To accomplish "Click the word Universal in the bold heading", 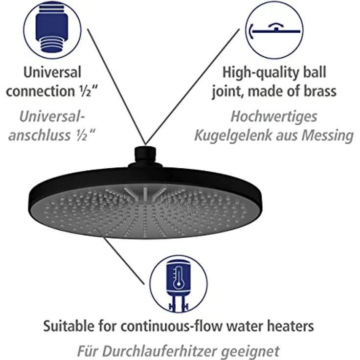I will tap(52, 73).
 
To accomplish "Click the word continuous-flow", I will tap(165, 325).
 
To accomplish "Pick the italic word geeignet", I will tap(251, 351).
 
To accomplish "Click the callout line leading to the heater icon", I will tap(125, 262).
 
